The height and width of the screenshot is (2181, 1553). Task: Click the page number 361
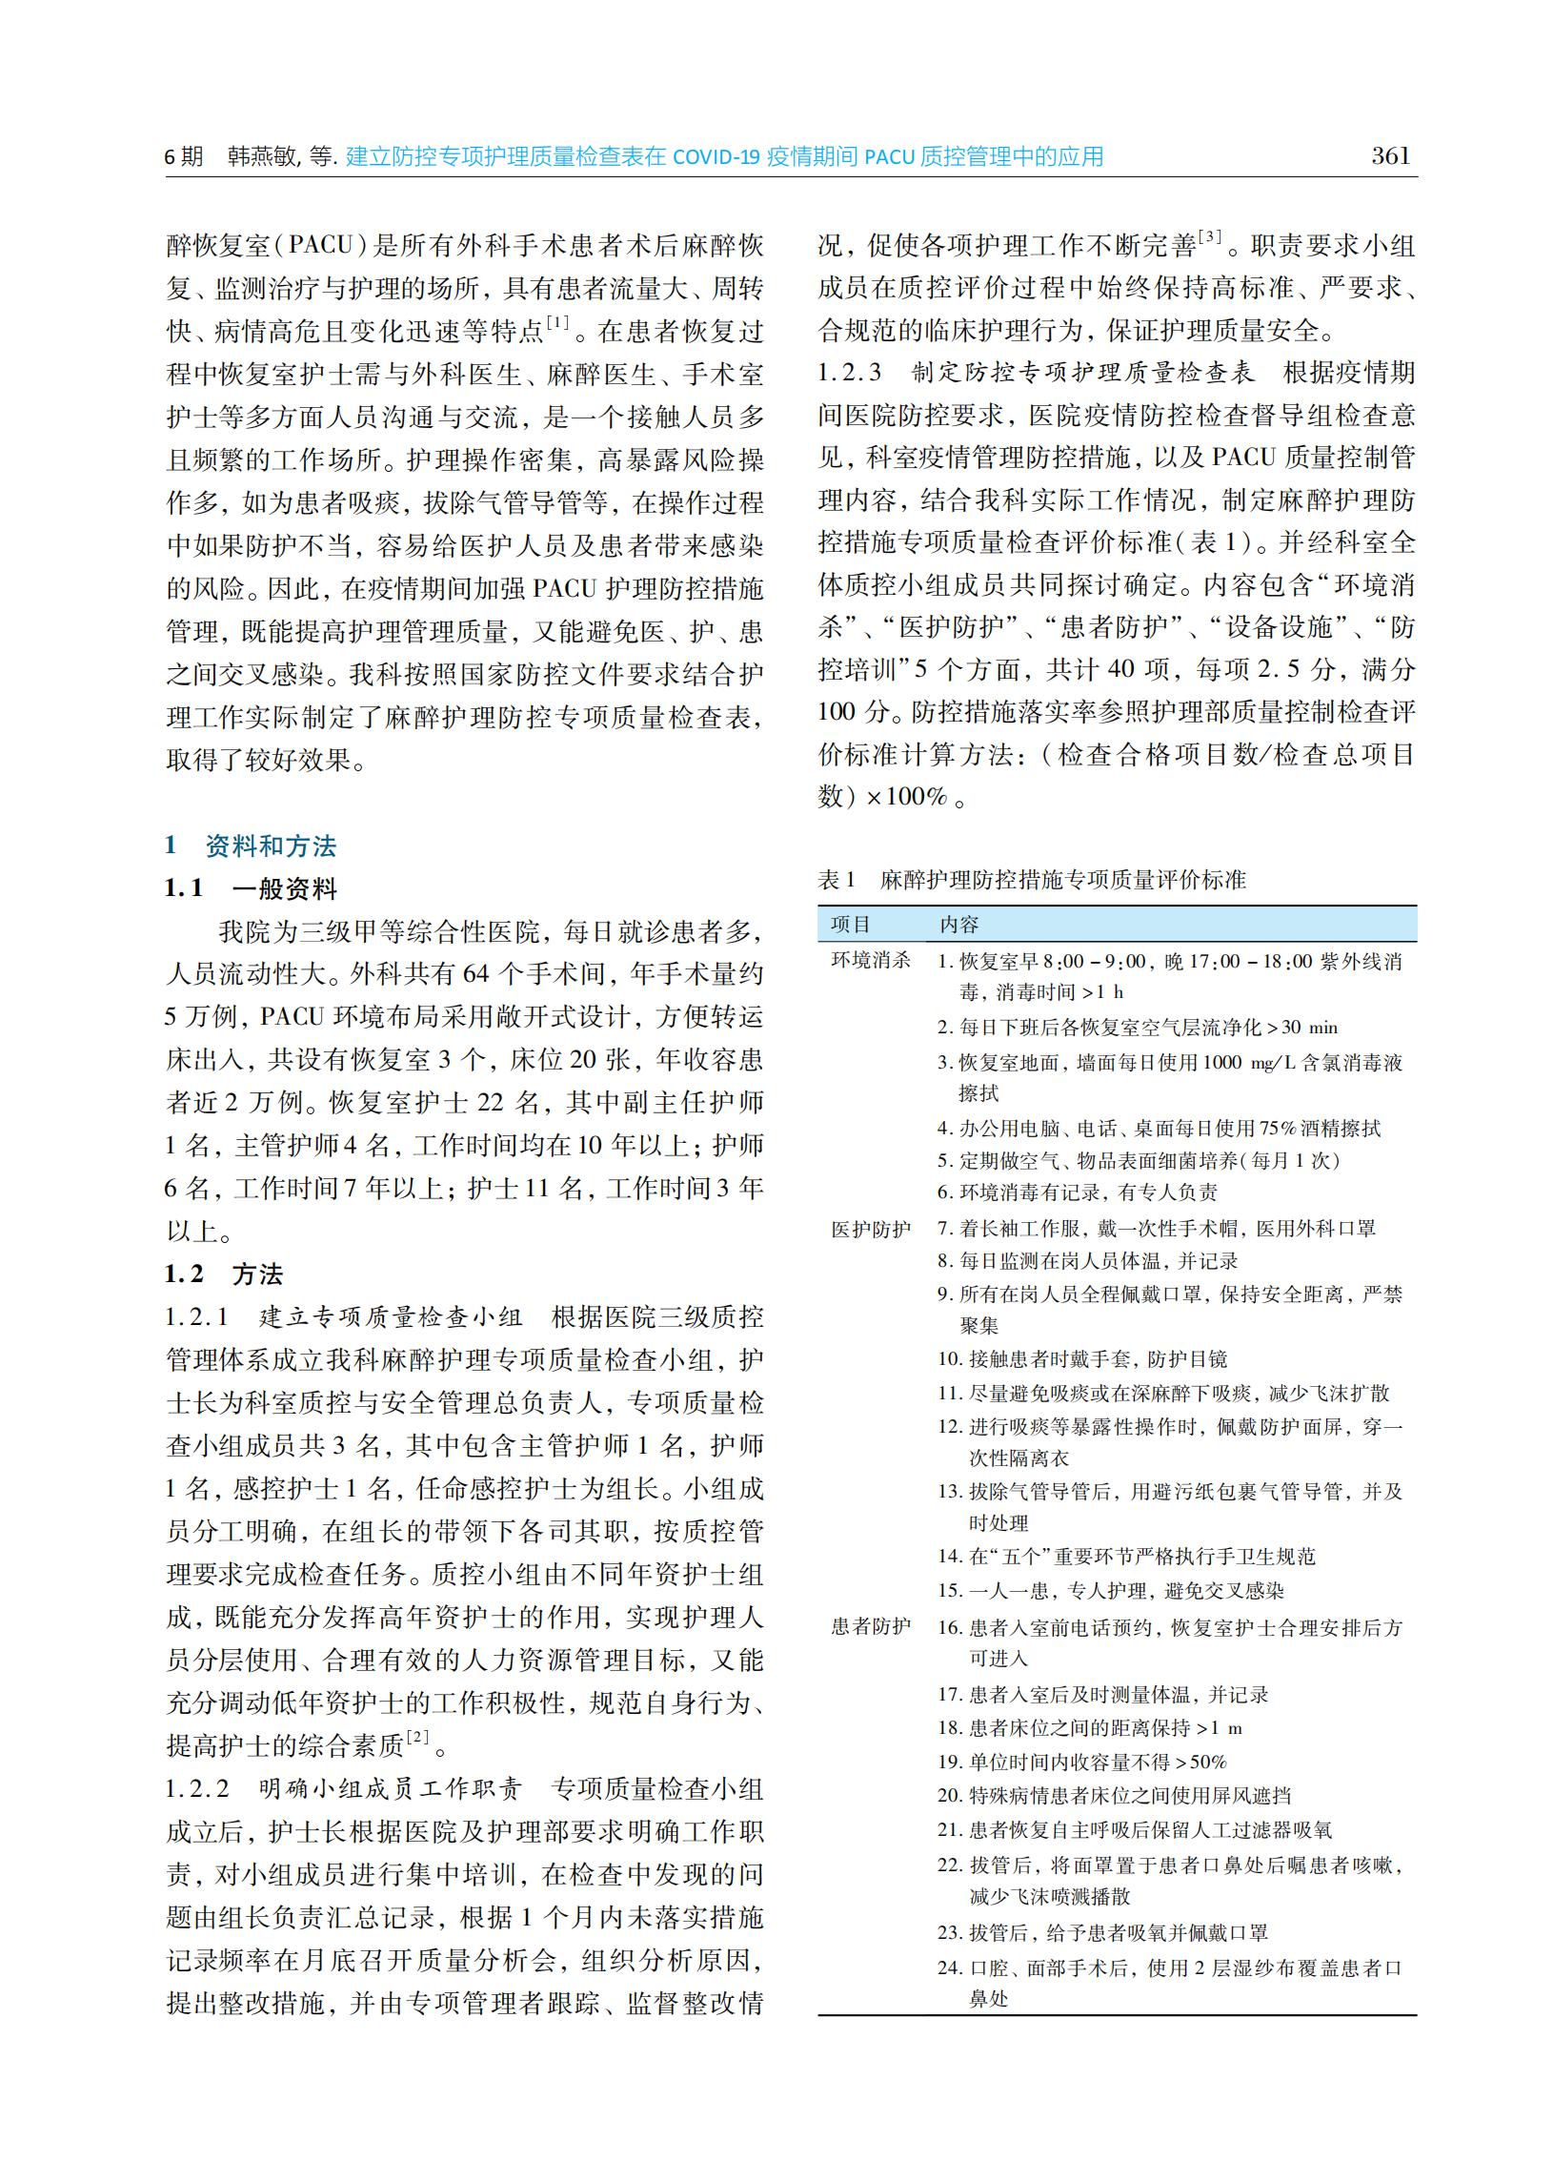tap(1390, 156)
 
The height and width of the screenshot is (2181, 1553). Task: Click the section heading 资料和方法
tap(271, 846)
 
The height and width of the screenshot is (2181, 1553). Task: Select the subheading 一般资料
tap(285, 889)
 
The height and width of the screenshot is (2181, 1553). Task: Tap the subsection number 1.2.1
tap(197, 1317)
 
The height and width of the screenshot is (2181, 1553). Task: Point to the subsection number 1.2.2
tap(197, 1789)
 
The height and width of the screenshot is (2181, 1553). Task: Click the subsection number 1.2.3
tap(849, 372)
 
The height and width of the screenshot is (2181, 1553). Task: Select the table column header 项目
tap(850, 924)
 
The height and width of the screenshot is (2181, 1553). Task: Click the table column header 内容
tap(958, 924)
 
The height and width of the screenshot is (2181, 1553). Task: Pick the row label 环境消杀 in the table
tap(870, 961)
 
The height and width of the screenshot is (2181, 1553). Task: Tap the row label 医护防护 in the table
tap(870, 1230)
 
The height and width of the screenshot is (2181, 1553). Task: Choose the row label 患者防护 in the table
tap(870, 1626)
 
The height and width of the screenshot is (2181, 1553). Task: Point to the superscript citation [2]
tap(418, 1736)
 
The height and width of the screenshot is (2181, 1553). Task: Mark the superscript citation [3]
tap(1210, 236)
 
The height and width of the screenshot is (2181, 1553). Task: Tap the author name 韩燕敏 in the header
tap(263, 157)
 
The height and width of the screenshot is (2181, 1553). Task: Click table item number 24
tap(949, 1967)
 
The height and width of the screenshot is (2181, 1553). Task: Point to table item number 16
tap(949, 1627)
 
